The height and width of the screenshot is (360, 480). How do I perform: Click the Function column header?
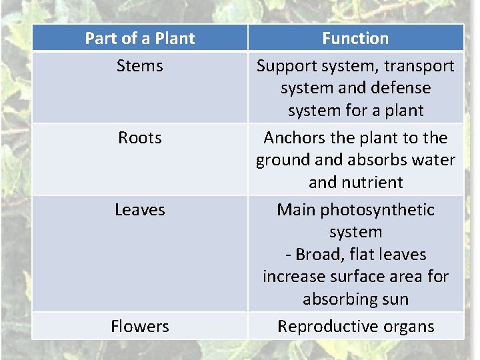pos(355,39)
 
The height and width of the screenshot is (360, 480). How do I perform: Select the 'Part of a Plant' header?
pos(140,39)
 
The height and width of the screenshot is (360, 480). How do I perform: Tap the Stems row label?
pos(140,66)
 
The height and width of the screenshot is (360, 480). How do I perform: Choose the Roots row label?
pos(140,138)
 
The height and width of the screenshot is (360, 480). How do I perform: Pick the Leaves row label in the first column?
pos(140,210)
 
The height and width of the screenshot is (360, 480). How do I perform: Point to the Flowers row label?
pos(140,327)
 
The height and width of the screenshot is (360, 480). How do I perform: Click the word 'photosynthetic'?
pos(378,210)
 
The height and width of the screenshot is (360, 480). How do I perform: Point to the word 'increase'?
pos(290,277)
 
